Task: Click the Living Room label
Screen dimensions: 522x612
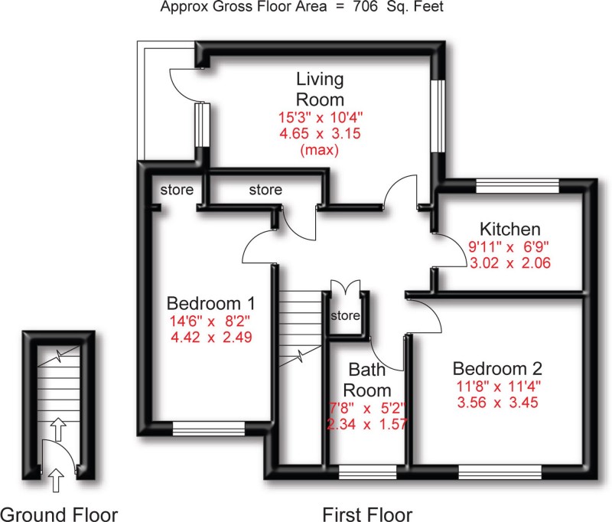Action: pos(321,89)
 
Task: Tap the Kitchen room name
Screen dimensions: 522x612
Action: pos(510,229)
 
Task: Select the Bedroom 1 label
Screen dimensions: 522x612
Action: pos(211,302)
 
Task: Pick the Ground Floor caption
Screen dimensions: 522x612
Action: pos(59,513)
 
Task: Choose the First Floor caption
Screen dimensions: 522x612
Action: pos(367,513)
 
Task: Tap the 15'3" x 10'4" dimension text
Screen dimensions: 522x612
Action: pos(321,118)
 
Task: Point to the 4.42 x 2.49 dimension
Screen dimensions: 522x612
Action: pos(211,336)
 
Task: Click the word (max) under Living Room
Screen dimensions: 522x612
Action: pos(321,150)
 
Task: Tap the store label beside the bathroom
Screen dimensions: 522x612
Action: pos(344,315)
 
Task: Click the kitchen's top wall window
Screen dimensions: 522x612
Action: pos(517,184)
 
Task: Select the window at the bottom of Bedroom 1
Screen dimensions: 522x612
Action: pos(209,428)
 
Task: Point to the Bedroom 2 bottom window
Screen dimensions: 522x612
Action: pos(500,471)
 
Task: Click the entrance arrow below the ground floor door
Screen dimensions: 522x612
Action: pos(56,480)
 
